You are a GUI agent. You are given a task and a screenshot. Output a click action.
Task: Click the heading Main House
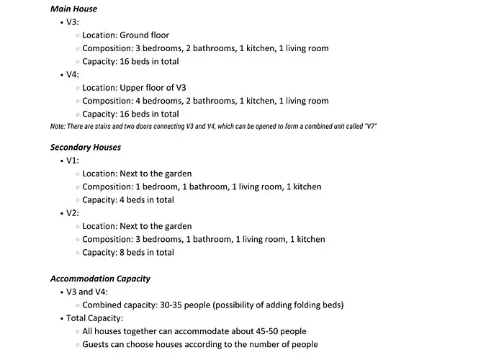tap(73, 9)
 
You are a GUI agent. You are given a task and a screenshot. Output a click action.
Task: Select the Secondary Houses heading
tap(86, 147)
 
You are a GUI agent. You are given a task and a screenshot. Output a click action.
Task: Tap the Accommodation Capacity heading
tap(100, 279)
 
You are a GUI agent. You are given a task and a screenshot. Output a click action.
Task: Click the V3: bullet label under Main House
tap(73, 22)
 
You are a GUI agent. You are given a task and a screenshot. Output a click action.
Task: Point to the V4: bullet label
tap(73, 74)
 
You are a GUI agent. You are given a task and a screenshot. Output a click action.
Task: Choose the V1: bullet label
tap(73, 161)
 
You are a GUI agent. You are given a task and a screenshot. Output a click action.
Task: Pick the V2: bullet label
tap(73, 213)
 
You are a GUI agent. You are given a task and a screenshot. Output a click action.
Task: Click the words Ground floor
tap(144, 35)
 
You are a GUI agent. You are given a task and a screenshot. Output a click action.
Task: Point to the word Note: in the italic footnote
tap(58, 127)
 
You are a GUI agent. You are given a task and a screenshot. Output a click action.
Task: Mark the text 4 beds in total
tap(147, 200)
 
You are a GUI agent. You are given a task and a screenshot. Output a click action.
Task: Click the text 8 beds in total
tap(147, 253)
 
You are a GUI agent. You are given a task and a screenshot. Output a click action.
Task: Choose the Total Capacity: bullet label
tap(95, 318)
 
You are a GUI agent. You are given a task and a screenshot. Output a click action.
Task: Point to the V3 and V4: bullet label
tap(87, 292)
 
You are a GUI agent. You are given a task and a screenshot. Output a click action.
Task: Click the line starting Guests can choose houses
tap(199, 344)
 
